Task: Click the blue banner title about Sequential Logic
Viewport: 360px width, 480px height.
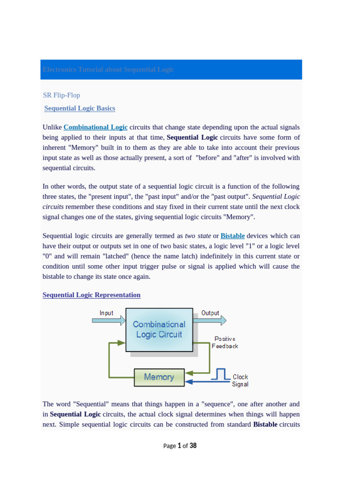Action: pyautogui.click(x=108, y=69)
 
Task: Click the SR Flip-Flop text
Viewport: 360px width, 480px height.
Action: pyautogui.click(x=61, y=95)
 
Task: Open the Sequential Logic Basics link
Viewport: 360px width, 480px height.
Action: pyautogui.click(x=80, y=108)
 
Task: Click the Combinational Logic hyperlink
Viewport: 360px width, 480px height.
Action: pyautogui.click(x=96, y=127)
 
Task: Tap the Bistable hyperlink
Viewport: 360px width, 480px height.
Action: pyautogui.click(x=232, y=236)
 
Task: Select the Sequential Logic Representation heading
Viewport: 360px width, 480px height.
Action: pyautogui.click(x=91, y=295)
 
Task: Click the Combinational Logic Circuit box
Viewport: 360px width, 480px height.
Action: pyautogui.click(x=159, y=329)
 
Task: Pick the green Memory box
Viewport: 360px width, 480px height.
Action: pyautogui.click(x=158, y=377)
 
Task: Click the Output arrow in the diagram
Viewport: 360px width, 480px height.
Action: pyautogui.click(x=210, y=321)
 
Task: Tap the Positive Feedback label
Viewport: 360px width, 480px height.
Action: pyautogui.click(x=225, y=342)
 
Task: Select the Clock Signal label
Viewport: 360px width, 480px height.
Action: pyautogui.click(x=240, y=381)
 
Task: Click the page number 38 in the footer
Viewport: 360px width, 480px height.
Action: pyautogui.click(x=193, y=446)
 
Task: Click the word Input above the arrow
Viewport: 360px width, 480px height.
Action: pyautogui.click(x=106, y=313)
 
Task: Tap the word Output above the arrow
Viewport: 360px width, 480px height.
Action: pyautogui.click(x=210, y=313)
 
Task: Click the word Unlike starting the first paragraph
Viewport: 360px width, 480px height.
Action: pyautogui.click(x=52, y=127)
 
